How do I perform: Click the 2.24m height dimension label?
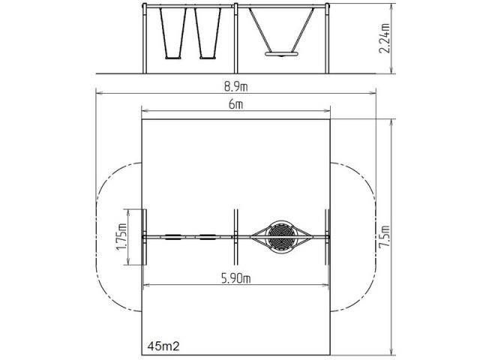[385, 38]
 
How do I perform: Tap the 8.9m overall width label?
[235, 87]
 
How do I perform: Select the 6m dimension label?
[235, 105]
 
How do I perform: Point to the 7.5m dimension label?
[385, 237]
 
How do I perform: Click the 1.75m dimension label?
[121, 237]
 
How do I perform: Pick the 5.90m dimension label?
[235, 278]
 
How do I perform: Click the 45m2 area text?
[163, 346]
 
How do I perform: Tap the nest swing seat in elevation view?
[282, 54]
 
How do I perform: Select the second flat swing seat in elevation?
[208, 57]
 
